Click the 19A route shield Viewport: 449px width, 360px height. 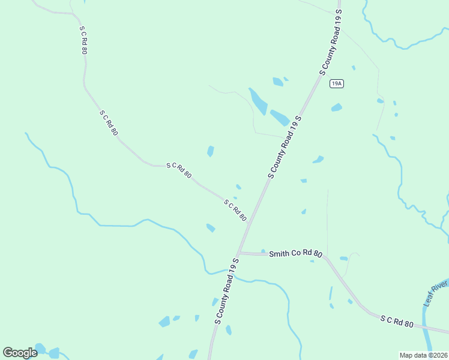click(x=337, y=84)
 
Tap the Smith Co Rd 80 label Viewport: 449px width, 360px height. click(x=295, y=254)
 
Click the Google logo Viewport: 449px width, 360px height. click(x=20, y=353)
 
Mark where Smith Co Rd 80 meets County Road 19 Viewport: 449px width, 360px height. click(x=239, y=253)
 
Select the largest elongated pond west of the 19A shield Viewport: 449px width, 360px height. click(x=258, y=101)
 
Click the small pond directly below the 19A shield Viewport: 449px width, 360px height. click(x=336, y=108)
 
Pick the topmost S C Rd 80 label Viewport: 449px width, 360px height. click(x=83, y=41)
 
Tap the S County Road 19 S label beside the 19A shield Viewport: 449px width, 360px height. click(x=331, y=42)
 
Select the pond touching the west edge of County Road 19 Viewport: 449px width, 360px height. click(x=279, y=117)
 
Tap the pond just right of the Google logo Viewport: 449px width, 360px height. click(x=53, y=352)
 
